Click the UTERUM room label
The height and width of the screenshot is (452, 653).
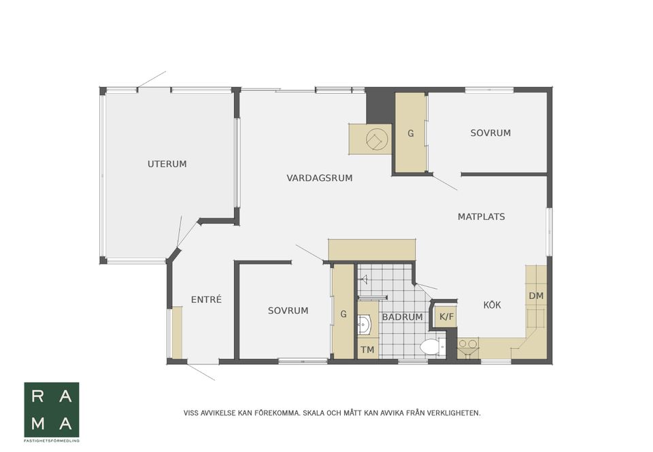167,164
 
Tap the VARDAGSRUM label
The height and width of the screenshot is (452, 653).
320,178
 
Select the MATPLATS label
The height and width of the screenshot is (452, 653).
481,217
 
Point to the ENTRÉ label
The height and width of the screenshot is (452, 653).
206,299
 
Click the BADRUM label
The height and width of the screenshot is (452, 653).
402,317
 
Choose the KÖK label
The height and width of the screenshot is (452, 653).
492,305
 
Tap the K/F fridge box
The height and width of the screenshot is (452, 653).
446,317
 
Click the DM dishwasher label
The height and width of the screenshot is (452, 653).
536,296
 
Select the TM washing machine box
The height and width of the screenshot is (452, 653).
367,349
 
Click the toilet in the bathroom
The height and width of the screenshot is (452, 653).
432,346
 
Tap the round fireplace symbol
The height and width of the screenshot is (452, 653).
377,139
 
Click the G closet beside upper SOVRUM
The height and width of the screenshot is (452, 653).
411,133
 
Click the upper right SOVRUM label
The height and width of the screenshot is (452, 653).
490,133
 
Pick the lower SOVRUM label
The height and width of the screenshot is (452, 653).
288,311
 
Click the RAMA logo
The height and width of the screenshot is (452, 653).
52,410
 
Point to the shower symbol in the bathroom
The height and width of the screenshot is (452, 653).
364,279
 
